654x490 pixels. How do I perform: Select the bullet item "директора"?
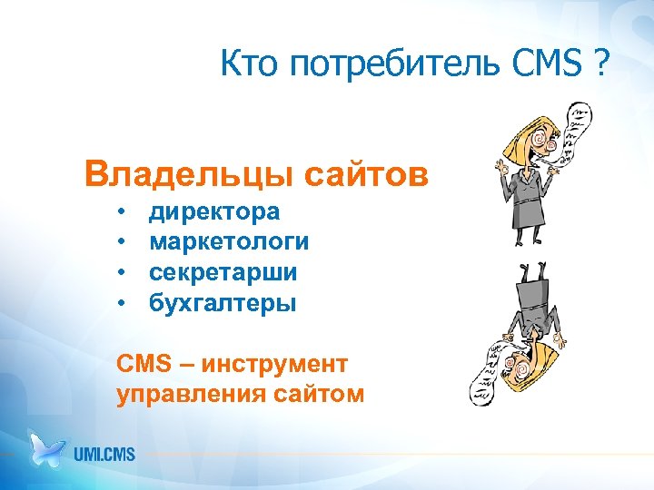pyautogui.click(x=214, y=211)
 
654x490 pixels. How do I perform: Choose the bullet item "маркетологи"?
pyautogui.click(x=229, y=242)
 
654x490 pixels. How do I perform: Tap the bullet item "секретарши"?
pyautogui.click(x=223, y=272)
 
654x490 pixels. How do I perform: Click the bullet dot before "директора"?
pyautogui.click(x=121, y=212)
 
